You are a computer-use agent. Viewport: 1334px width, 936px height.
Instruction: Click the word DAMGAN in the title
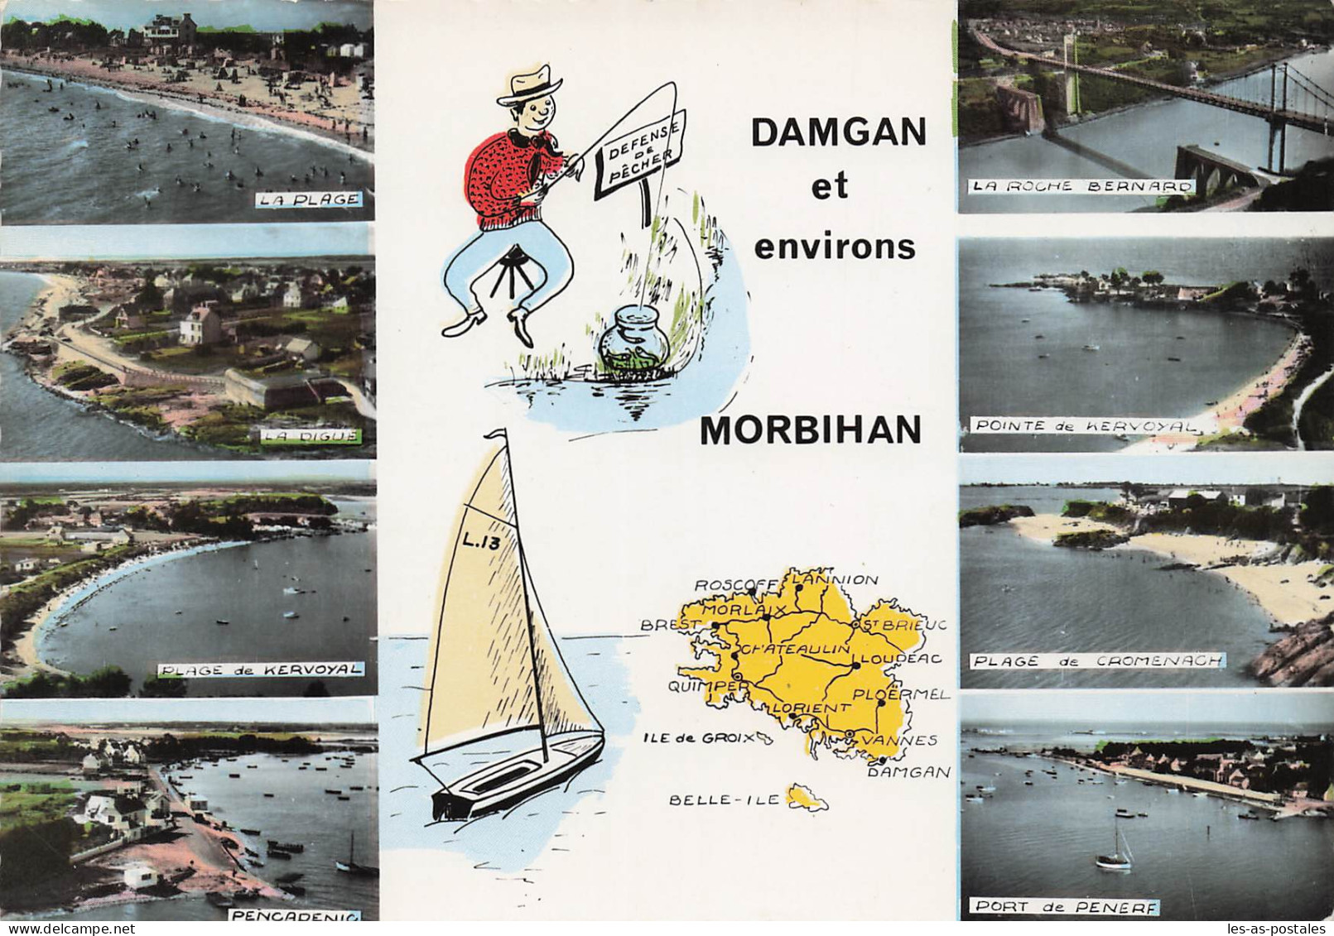[838, 132]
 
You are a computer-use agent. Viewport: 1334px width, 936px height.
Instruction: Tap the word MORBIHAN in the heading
[811, 430]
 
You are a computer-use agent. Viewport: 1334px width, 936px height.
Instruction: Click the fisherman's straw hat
[529, 84]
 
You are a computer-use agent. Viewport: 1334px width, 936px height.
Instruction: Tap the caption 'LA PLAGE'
[308, 199]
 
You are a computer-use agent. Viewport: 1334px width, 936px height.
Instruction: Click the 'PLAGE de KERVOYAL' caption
[259, 669]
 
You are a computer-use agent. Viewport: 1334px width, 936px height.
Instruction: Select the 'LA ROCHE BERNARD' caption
[1080, 186]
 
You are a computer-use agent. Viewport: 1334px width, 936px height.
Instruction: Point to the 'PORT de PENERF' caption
[1067, 907]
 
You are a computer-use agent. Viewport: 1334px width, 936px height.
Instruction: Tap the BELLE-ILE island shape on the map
[807, 799]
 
